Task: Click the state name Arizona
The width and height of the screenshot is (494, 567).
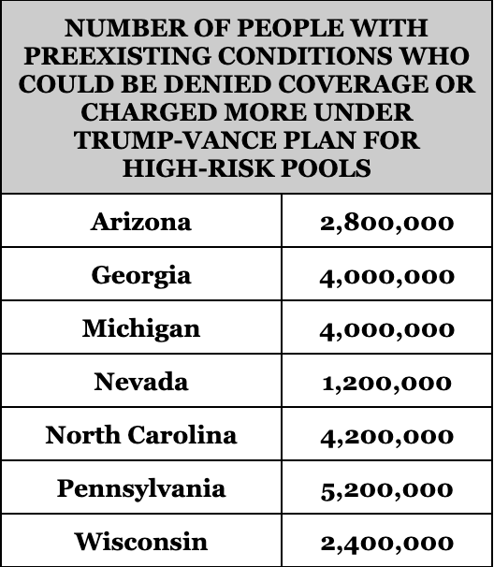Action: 140,222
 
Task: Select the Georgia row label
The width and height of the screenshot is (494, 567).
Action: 141,276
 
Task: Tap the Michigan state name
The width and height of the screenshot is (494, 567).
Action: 141,329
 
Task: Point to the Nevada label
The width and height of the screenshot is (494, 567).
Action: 141,382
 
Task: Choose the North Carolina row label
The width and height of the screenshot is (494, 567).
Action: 141,435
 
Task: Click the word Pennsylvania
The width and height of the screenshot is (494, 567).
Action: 141,489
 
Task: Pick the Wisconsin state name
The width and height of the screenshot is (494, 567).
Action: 141,542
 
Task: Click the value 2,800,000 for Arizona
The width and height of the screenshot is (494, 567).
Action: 386,223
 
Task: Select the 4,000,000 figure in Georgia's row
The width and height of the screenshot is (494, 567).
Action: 386,277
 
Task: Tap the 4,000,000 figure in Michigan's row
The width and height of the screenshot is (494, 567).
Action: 386,330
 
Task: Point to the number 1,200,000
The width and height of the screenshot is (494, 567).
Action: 386,384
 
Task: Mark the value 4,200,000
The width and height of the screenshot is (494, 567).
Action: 386,437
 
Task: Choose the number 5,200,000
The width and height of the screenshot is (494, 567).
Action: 386,490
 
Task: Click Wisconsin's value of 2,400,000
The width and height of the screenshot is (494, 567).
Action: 386,544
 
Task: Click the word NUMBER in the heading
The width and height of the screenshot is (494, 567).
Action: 125,28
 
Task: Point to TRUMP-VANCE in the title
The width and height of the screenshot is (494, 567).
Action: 175,140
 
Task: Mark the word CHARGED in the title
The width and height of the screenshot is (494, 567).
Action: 149,112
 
